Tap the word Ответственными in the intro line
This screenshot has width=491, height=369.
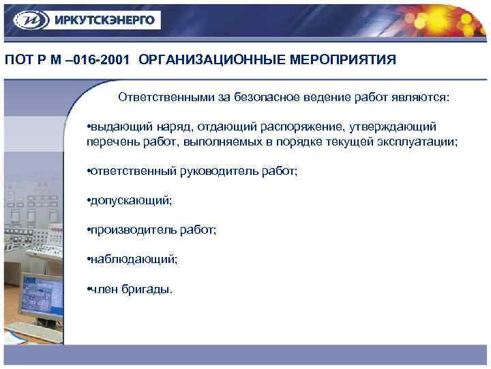pos(166,97)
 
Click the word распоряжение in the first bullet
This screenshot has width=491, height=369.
pos(310,127)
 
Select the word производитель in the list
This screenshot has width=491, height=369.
pos(128,230)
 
